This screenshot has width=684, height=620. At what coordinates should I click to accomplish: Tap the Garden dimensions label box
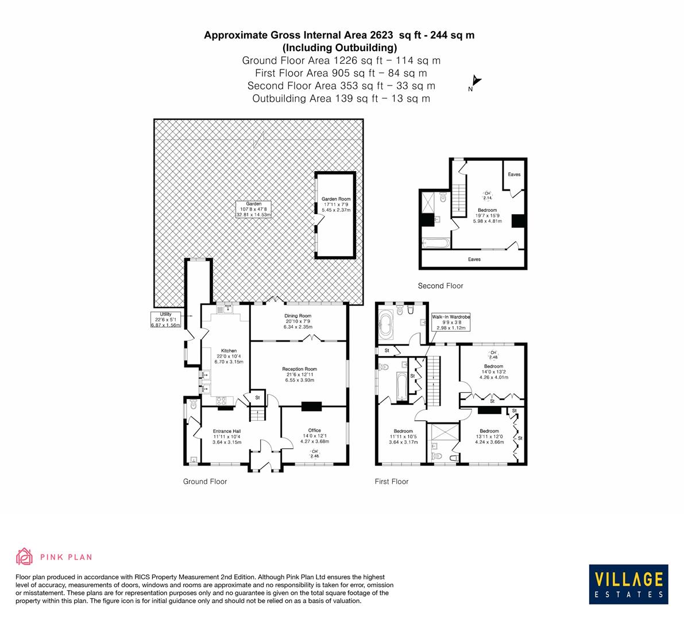(x=253, y=209)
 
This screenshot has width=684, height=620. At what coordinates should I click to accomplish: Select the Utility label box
(x=165, y=320)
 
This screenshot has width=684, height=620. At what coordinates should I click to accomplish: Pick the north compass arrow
(x=476, y=83)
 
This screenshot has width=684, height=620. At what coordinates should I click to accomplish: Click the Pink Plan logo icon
(x=25, y=556)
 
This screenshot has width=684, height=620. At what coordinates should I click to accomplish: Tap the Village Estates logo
(x=628, y=584)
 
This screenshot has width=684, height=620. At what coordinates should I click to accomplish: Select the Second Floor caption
(x=440, y=286)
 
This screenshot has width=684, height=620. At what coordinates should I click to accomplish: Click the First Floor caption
(x=391, y=482)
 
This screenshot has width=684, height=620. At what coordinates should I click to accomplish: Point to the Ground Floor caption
(x=204, y=482)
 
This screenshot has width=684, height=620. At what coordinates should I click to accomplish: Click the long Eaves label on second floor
(x=474, y=259)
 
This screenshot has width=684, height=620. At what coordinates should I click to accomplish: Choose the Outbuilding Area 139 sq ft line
(x=341, y=98)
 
